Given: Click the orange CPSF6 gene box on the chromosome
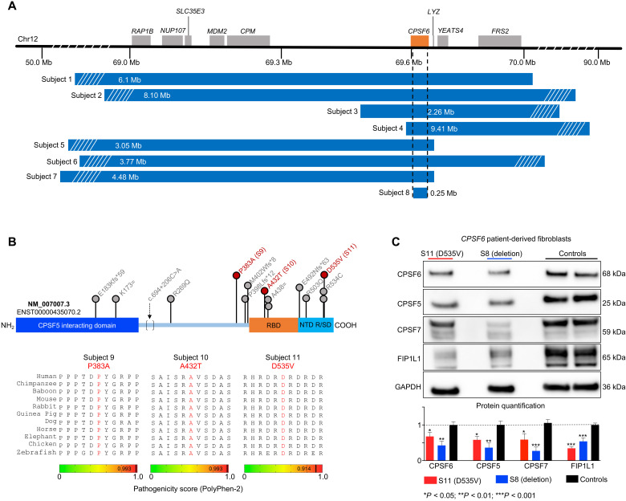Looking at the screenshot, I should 419,39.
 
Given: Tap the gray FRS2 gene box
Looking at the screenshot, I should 499,39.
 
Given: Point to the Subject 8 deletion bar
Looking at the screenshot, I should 420,193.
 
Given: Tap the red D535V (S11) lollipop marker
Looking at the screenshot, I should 324,275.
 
